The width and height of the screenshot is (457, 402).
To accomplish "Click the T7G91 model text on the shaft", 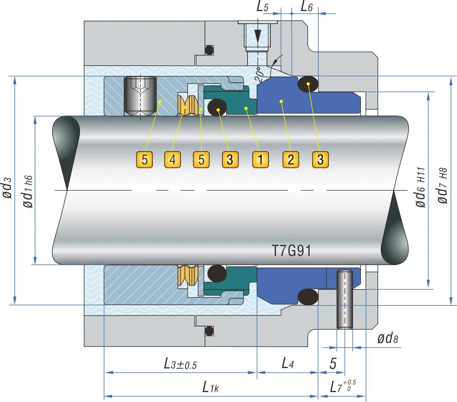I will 291,251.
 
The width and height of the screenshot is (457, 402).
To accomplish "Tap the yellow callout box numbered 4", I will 173,159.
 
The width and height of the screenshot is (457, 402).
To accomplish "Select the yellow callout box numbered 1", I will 260,159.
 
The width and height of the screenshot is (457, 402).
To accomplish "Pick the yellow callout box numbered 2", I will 291,159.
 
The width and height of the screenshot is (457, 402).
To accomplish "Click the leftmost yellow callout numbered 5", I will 144,159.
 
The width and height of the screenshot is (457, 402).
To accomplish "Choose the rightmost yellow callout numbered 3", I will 320,159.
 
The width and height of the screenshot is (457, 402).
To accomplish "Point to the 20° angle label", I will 260,75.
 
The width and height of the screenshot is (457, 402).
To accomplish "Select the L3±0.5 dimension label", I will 180,364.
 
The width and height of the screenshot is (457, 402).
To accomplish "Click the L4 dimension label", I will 288,363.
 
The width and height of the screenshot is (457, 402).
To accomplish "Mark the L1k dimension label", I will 210,388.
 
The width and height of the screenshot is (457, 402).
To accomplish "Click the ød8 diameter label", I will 387,338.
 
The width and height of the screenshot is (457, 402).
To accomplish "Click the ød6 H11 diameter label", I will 420,187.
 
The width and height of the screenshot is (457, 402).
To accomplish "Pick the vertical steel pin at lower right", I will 345,299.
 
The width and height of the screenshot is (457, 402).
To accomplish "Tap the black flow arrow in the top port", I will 258,36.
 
